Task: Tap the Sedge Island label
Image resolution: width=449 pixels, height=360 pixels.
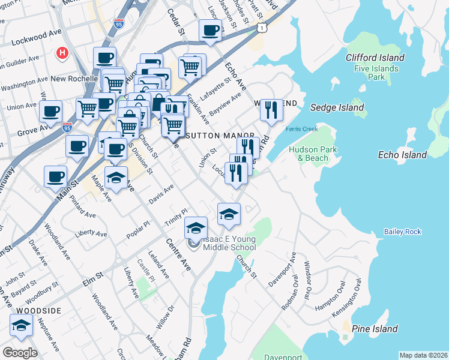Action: point(337,107)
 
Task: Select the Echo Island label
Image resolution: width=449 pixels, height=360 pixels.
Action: point(402,155)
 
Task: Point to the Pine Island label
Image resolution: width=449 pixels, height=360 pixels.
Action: point(375,329)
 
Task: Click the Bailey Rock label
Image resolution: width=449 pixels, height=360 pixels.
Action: point(403,232)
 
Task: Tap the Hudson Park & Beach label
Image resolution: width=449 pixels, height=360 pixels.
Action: point(309,154)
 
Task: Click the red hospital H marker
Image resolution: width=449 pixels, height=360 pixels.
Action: point(61,53)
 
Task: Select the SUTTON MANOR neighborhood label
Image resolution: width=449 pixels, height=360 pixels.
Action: point(220,136)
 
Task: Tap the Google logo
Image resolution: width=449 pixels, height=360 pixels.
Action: point(20,353)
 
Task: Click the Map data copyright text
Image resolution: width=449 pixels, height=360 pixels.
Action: point(424,355)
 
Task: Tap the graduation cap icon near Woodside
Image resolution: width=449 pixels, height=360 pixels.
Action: point(22,326)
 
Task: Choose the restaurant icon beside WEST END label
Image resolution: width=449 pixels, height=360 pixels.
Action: point(271,110)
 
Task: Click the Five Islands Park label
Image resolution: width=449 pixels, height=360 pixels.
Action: point(377,73)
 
